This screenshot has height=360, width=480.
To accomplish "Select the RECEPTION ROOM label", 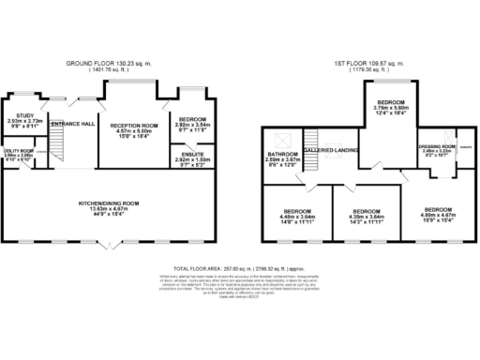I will click(132, 125).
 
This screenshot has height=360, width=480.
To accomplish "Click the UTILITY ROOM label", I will click(19, 150).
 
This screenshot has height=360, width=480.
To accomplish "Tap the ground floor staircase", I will click(58, 145).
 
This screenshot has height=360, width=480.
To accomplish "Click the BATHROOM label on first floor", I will click(282, 155).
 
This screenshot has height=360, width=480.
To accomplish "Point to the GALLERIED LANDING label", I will click(328, 150).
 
